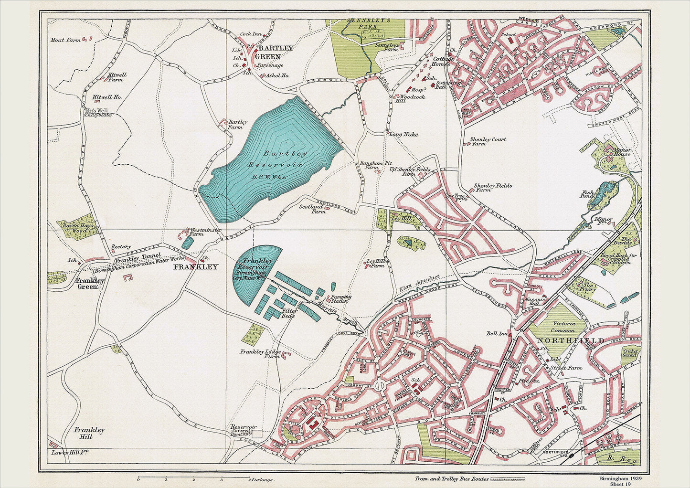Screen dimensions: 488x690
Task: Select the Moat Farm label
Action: point(65,41)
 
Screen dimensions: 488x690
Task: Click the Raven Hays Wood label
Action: point(76,227)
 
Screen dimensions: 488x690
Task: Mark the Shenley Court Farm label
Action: point(488,142)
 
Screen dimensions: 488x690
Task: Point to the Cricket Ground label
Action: point(630,353)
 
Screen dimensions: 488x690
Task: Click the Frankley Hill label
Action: point(89,433)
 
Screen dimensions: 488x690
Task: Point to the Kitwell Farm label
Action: point(116,77)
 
